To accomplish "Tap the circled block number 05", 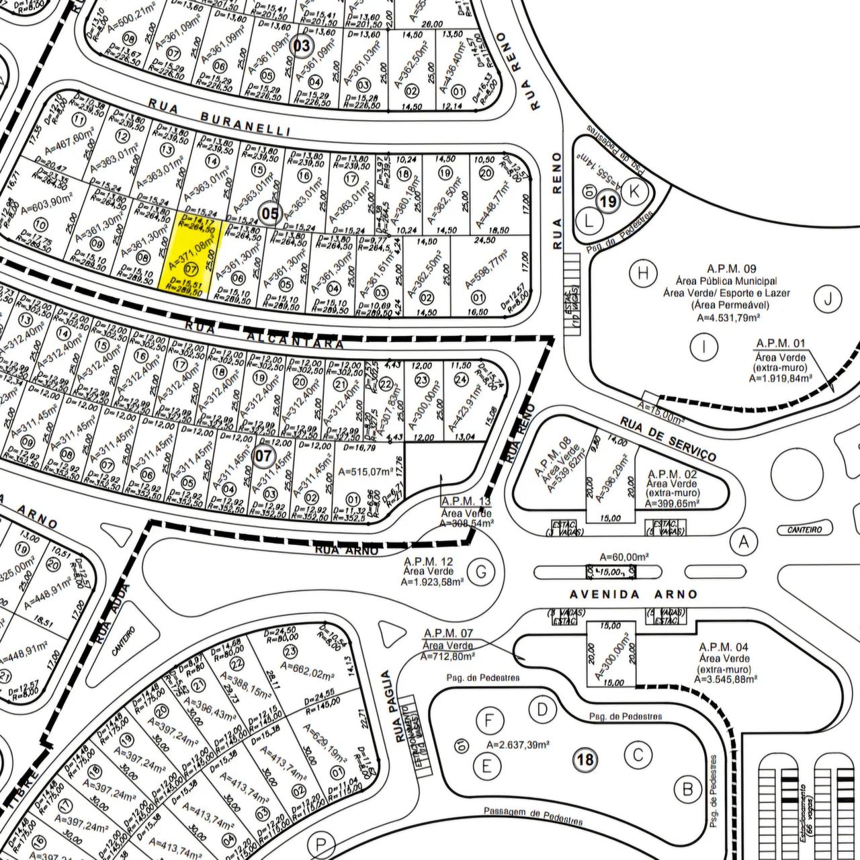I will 271,214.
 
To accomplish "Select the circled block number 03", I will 302,46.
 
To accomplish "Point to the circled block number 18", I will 585,760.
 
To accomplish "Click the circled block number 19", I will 609,202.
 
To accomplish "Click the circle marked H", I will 643,273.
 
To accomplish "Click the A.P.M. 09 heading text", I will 732,268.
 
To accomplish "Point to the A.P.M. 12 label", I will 428,561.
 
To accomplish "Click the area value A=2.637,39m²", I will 518,744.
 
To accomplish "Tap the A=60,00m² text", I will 624,557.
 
